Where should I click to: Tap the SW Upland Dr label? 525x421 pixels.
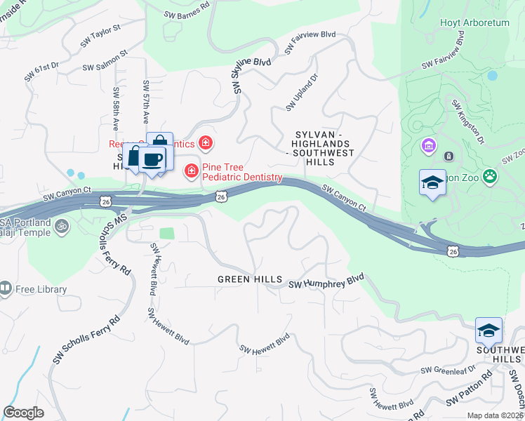(x=302, y=92)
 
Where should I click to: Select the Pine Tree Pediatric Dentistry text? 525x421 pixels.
(x=242, y=173)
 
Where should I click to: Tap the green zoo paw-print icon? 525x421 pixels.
(x=490, y=177)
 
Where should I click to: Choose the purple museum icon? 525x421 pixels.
(x=427, y=147)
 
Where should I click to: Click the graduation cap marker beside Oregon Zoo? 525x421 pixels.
(x=432, y=183)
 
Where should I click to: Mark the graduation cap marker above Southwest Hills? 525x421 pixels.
(x=489, y=330)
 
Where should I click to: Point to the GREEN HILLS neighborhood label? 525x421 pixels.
(x=249, y=279)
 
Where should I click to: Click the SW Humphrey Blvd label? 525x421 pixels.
(x=327, y=281)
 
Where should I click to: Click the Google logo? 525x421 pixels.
(x=23, y=413)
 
